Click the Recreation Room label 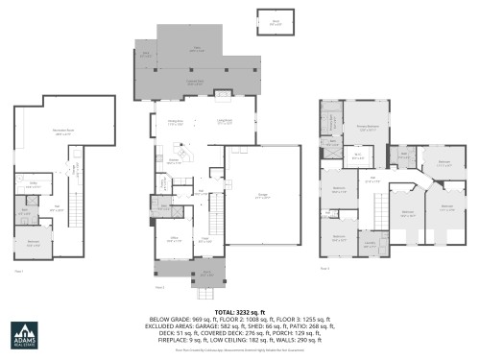pyautogui.click(x=63, y=134)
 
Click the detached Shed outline pyautogui.click(x=275, y=21)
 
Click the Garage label pyautogui.click(x=261, y=196)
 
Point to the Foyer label pyautogui.click(x=205, y=241)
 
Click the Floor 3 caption pyautogui.click(x=324, y=268)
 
